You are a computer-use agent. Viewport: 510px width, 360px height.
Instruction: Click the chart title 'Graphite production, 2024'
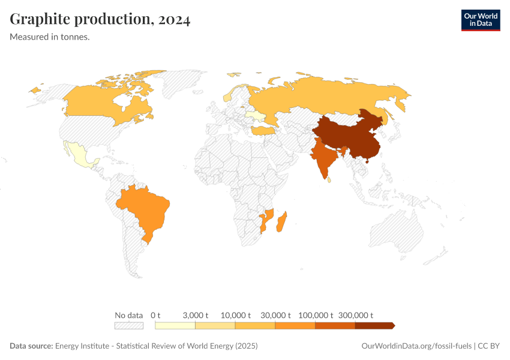click(x=100, y=19)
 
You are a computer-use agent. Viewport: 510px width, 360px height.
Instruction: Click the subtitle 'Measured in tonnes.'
click(x=50, y=37)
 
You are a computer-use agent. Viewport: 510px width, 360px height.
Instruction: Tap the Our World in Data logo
click(x=480, y=20)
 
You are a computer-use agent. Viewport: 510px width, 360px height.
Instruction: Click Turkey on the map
click(x=263, y=130)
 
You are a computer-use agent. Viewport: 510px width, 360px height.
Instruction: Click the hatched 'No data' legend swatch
click(x=129, y=326)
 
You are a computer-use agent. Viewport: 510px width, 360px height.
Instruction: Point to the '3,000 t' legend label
click(x=195, y=316)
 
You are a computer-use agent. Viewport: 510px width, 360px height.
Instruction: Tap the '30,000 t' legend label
click(x=275, y=316)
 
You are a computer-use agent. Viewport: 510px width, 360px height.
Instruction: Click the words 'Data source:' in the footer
click(x=31, y=346)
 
